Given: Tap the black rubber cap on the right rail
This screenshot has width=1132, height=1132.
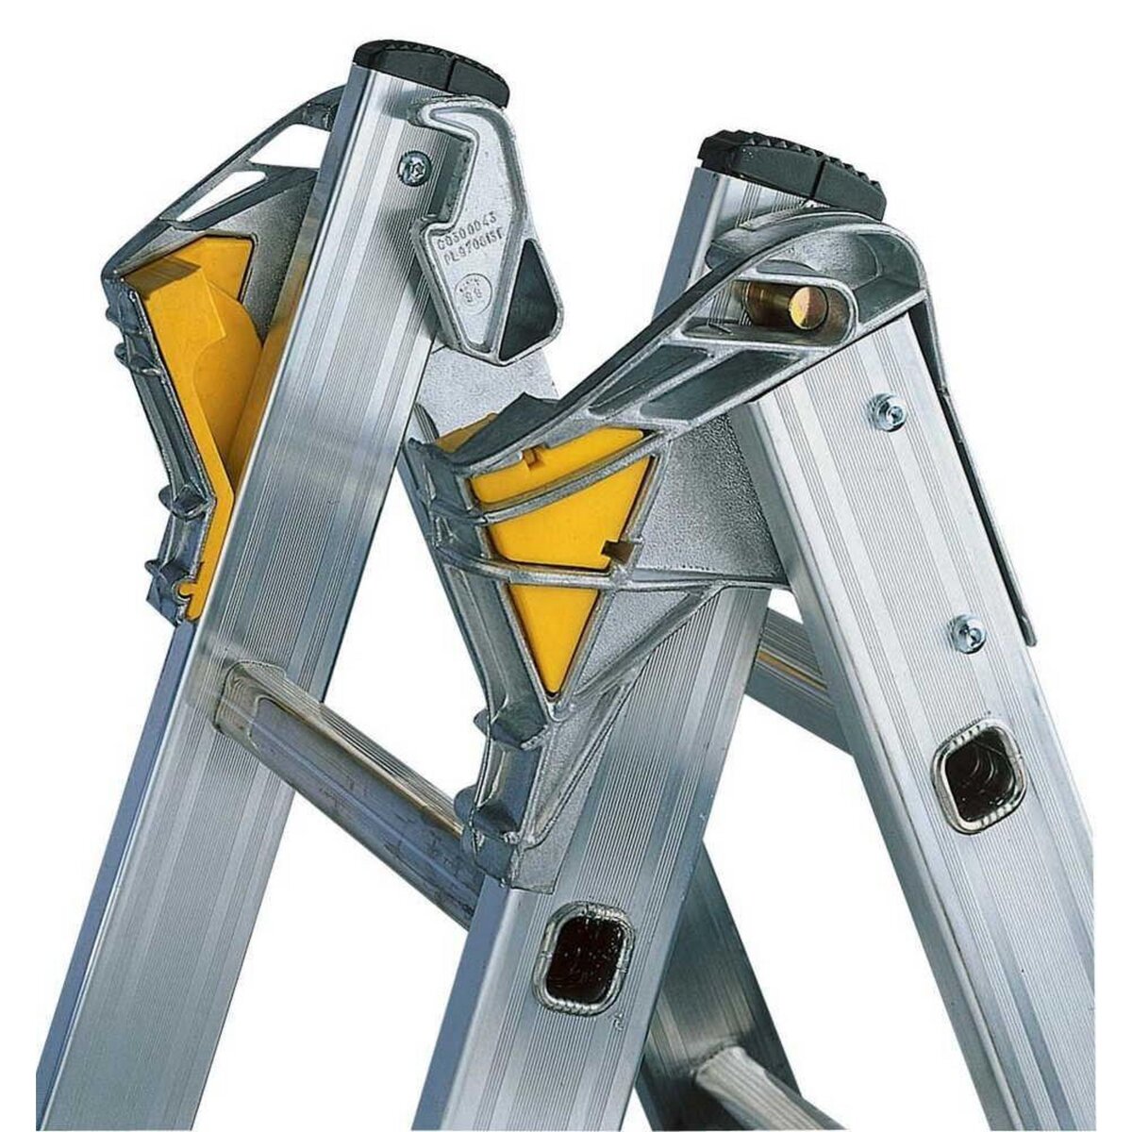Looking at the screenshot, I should (x=792, y=171).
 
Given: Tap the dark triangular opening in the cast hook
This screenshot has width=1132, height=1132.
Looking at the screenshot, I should (x=524, y=303).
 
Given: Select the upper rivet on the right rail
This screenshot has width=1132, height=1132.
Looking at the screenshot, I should (x=887, y=411).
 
